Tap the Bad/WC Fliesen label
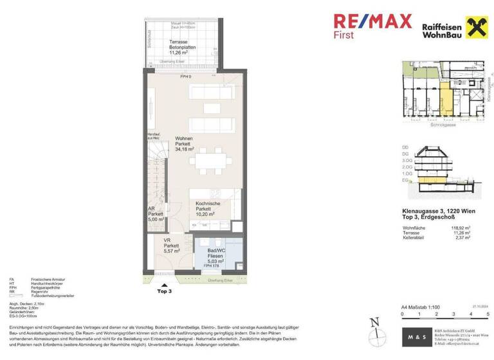[x=215, y=255]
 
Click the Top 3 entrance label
[x=165, y=291]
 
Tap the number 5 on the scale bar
[x=488, y=314]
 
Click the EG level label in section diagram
[x=405, y=181]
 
